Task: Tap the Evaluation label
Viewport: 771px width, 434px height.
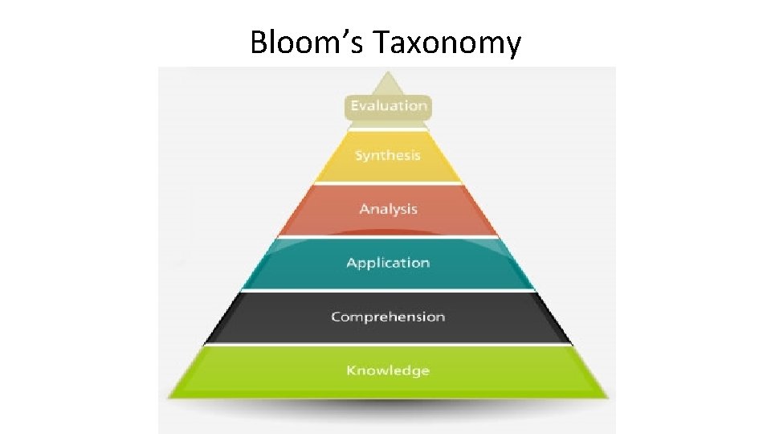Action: click(389, 105)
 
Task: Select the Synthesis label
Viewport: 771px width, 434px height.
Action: click(388, 155)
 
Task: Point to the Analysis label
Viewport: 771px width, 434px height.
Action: click(389, 209)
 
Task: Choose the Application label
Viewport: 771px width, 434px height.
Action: click(388, 263)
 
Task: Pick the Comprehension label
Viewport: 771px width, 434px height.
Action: click(388, 317)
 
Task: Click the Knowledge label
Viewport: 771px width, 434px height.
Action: click(388, 371)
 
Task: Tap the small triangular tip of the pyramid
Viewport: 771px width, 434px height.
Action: click(389, 84)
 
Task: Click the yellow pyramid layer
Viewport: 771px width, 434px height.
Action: click(426, 165)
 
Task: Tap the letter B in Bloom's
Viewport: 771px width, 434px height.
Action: click(258, 42)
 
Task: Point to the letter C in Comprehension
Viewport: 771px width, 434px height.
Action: click(336, 317)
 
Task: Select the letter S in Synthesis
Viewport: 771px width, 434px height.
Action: click(359, 155)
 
